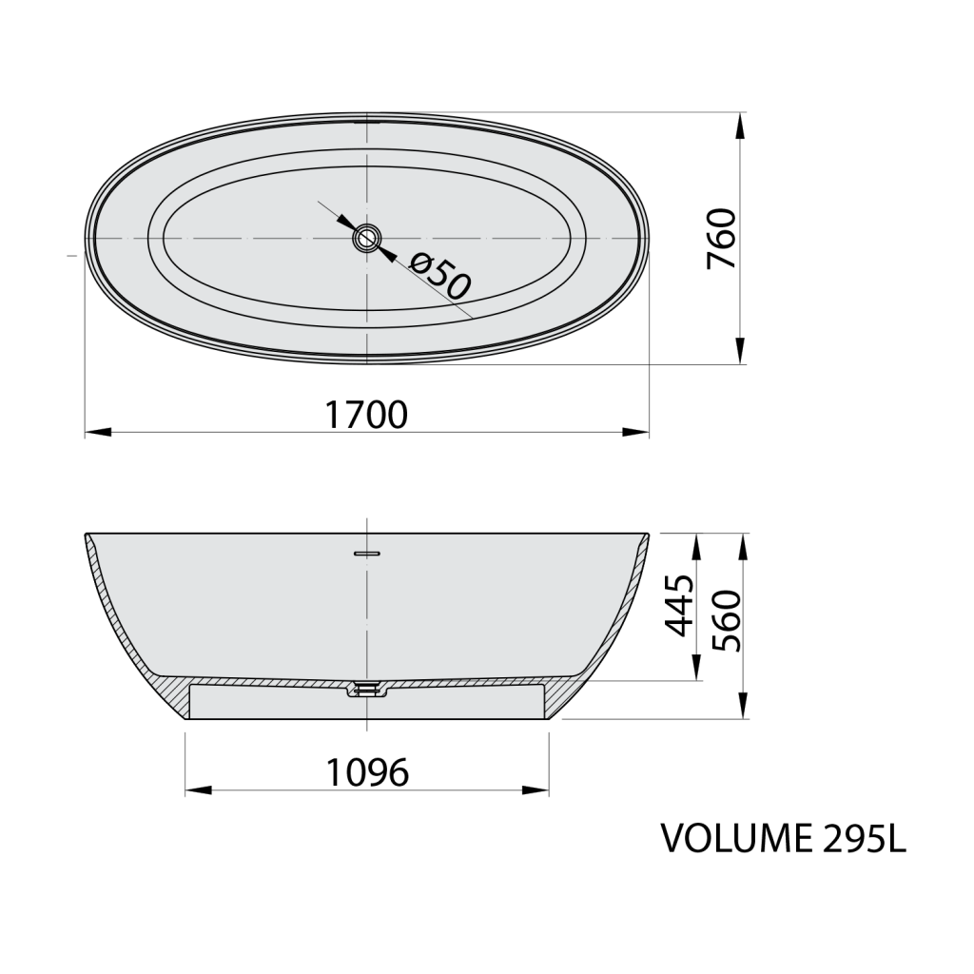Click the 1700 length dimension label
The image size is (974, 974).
pos(366,415)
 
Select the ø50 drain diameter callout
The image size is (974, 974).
pos(441,274)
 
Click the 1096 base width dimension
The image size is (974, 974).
pos(367,772)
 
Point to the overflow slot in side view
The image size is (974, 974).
pos(367,551)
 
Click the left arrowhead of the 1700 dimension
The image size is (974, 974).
pos(96,433)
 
